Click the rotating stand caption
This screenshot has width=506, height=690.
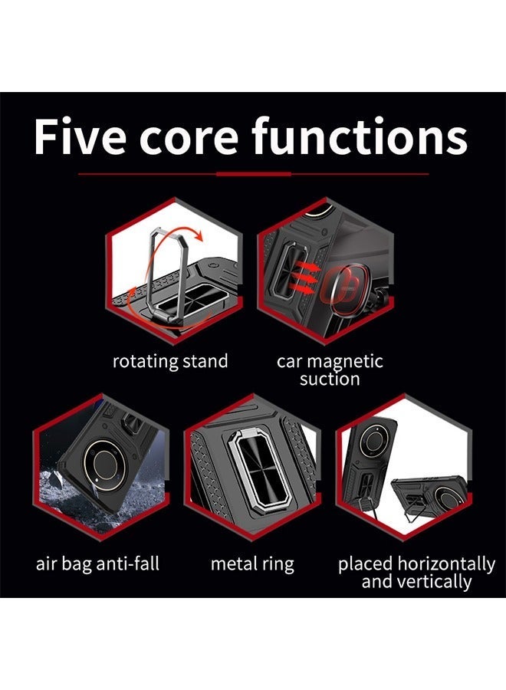(x=170, y=361)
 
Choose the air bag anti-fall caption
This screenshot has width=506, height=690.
(x=98, y=564)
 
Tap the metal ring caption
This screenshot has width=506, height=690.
(x=252, y=564)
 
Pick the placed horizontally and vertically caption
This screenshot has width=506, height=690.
(x=416, y=573)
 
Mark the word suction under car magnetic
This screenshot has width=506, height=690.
(x=330, y=379)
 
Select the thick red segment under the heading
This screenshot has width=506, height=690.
(x=252, y=174)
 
